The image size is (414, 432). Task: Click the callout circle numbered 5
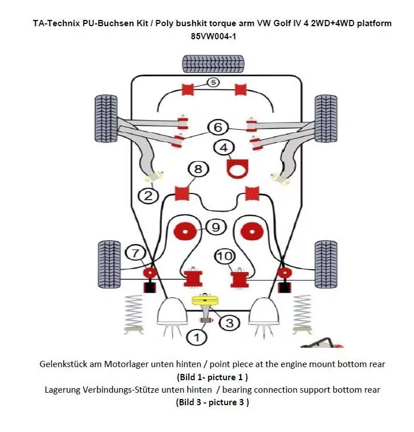click(x=212, y=82)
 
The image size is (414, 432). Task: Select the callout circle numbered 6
click(x=218, y=127)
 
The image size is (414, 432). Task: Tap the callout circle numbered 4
click(x=224, y=147)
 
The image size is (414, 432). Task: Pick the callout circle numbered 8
click(x=197, y=169)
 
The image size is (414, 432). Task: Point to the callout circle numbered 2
click(x=148, y=195)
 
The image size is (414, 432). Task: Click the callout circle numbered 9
click(x=215, y=228)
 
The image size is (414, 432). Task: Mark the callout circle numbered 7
click(x=135, y=253)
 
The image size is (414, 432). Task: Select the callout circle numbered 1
click(x=197, y=338)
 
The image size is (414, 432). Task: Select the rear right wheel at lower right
click(x=325, y=260)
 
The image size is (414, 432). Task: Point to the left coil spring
click(x=133, y=313)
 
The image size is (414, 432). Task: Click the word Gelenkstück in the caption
click(x=63, y=364)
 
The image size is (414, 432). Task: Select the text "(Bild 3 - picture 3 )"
click(x=212, y=402)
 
